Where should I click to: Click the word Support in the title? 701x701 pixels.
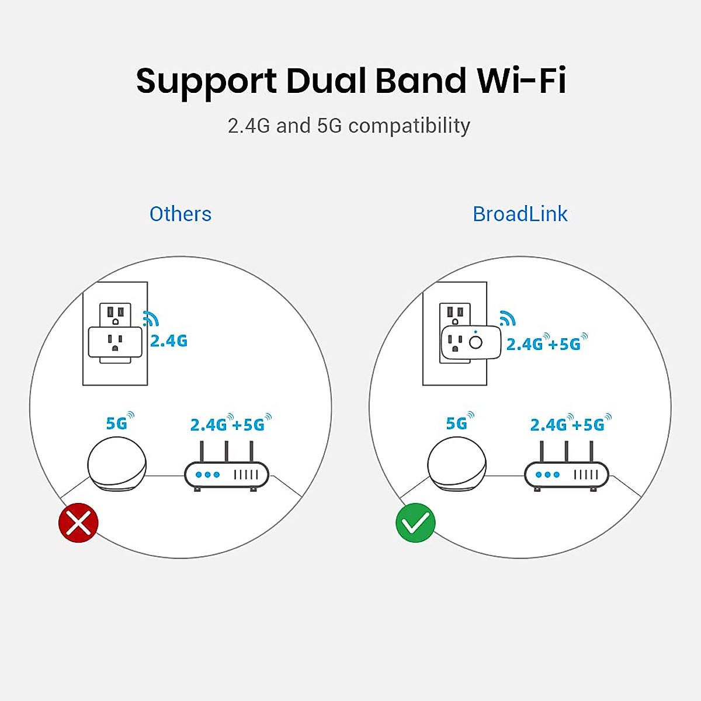click(x=206, y=82)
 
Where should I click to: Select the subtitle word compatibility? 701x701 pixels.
click(x=409, y=126)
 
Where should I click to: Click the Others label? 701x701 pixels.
click(x=181, y=214)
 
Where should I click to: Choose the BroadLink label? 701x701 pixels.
click(x=520, y=214)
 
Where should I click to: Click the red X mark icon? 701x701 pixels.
click(x=78, y=522)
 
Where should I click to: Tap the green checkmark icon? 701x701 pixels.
click(x=415, y=522)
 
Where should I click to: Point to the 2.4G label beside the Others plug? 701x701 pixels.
click(x=169, y=341)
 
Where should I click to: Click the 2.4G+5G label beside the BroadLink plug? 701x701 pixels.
click(x=544, y=343)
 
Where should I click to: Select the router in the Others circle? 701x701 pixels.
click(x=227, y=473)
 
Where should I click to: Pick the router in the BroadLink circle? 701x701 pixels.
click(x=567, y=473)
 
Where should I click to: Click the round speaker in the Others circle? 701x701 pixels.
click(x=117, y=464)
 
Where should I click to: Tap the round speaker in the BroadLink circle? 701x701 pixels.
click(x=457, y=464)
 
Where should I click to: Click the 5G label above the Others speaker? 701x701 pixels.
click(x=117, y=423)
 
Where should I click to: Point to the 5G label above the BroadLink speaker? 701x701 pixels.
click(x=457, y=423)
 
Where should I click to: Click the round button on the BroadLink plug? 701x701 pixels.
click(x=476, y=342)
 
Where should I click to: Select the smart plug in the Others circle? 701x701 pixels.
click(x=115, y=343)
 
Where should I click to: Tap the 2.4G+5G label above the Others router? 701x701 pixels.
click(x=228, y=425)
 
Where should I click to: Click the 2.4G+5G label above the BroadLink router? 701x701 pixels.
click(x=568, y=425)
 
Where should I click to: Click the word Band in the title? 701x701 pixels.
click(x=421, y=81)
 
